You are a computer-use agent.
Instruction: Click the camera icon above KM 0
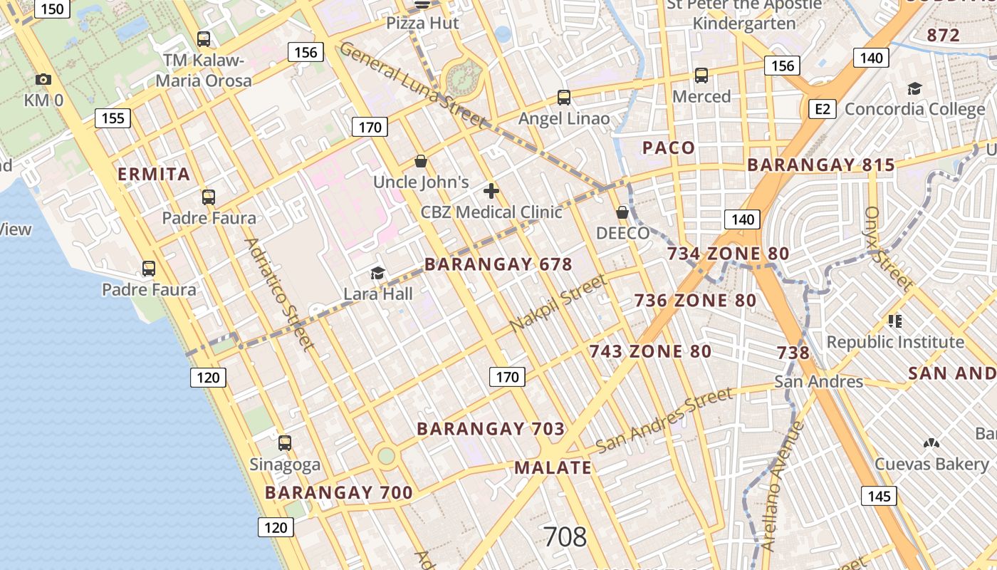click(x=43, y=79)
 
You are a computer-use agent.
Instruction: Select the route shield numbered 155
click(x=113, y=118)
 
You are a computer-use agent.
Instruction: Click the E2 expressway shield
click(x=823, y=108)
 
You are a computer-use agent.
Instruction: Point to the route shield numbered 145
click(x=879, y=496)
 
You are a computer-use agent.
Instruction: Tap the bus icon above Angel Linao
click(x=564, y=98)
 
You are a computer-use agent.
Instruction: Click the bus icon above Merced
click(x=701, y=76)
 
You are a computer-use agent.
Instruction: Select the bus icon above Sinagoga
click(x=285, y=443)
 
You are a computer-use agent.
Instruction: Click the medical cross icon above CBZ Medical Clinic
click(x=491, y=191)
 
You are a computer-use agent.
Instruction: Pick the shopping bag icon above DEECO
click(x=622, y=212)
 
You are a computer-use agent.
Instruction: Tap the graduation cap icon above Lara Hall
click(x=377, y=273)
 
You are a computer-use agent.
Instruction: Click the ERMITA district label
click(x=154, y=175)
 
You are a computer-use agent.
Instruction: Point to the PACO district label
click(x=669, y=148)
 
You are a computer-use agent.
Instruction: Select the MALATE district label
click(x=553, y=468)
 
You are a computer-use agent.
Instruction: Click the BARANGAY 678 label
click(x=498, y=264)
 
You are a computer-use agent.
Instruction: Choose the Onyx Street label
click(x=887, y=249)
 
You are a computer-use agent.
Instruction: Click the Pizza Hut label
click(x=422, y=24)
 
